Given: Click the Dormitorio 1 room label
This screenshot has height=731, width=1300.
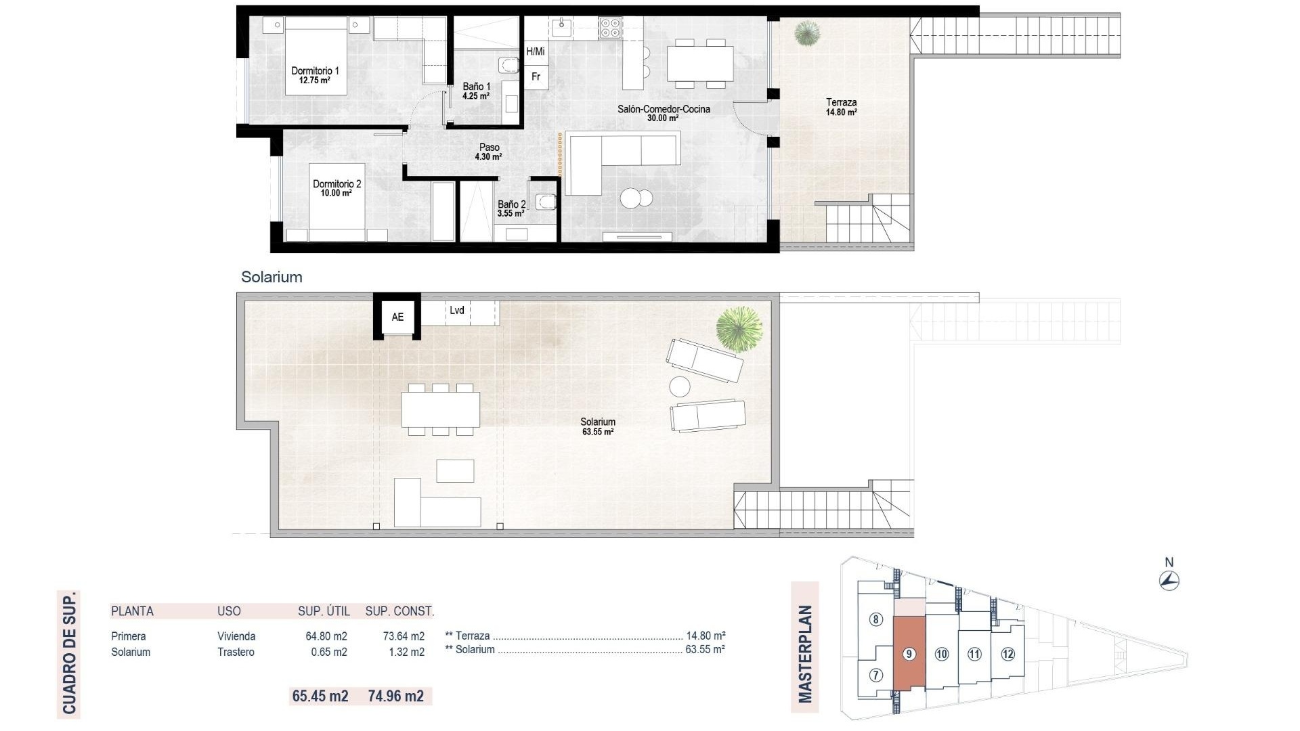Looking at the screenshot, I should click(315, 70).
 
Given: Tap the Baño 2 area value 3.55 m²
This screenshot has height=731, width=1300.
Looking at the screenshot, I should click(511, 214).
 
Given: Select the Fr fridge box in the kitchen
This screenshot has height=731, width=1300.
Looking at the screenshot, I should click(536, 77).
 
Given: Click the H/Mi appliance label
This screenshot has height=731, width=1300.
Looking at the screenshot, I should click(535, 51).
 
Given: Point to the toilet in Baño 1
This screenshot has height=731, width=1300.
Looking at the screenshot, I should click(508, 66).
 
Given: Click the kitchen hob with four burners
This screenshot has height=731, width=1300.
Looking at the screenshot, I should click(610, 28).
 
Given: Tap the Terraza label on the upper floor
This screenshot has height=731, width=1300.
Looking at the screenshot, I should click(841, 103).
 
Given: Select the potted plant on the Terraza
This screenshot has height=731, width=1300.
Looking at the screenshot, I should click(806, 32).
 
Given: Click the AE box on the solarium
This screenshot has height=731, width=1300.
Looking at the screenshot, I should click(397, 317).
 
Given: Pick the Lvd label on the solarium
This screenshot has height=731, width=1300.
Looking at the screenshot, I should click(457, 310).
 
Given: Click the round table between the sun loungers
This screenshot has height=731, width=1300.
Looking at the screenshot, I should click(680, 386).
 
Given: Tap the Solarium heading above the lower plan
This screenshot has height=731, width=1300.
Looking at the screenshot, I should click(272, 277).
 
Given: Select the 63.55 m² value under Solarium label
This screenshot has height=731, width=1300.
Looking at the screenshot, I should click(598, 432).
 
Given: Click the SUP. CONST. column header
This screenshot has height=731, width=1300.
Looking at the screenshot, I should click(399, 611).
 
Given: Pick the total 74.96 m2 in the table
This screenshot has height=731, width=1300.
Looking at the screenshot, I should click(396, 696).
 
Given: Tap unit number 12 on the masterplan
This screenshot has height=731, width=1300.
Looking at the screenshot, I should click(1007, 654).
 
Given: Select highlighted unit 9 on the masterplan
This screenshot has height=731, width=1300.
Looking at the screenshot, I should click(909, 654).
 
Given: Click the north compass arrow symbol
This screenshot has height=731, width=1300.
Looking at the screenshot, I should click(1169, 581).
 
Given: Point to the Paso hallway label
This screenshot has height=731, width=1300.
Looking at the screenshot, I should click(489, 147).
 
